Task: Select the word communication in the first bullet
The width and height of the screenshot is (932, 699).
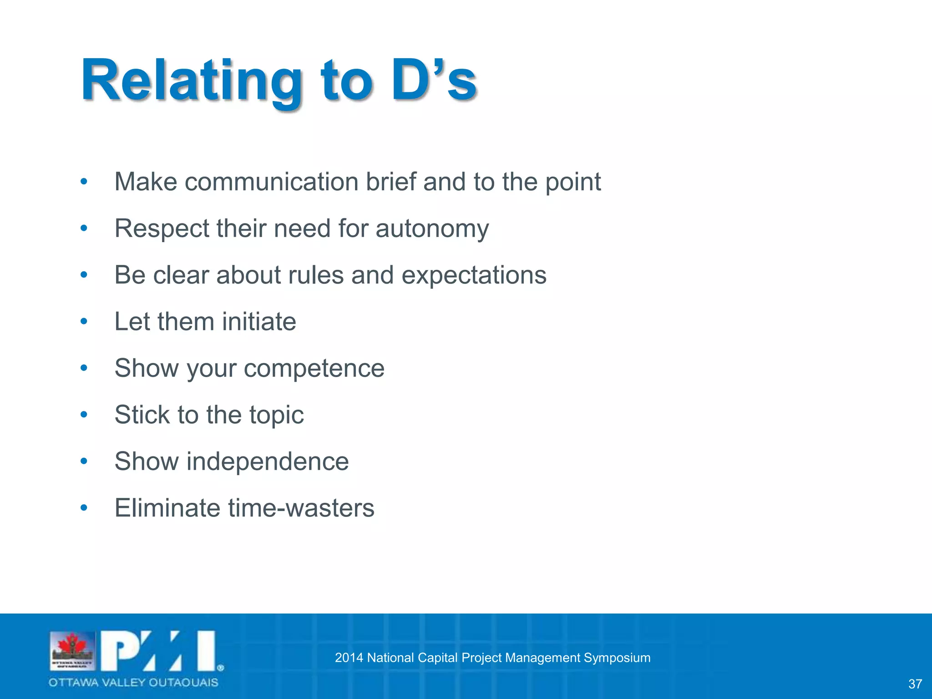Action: click(x=271, y=182)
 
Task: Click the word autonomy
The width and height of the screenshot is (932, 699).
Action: click(x=432, y=228)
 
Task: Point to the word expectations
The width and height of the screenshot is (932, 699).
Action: click(x=474, y=275)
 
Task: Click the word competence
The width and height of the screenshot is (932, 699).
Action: click(x=314, y=368)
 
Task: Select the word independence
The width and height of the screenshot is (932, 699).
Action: click(x=268, y=461)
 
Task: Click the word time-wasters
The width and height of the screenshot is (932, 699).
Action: click(x=301, y=508)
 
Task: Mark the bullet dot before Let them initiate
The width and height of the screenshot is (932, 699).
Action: click(x=84, y=322)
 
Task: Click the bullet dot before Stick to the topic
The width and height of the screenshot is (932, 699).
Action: click(x=84, y=415)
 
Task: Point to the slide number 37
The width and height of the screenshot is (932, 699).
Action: click(x=915, y=684)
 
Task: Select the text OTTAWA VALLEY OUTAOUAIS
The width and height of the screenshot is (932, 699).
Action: click(x=133, y=682)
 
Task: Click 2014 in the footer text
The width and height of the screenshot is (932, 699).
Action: click(x=349, y=658)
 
